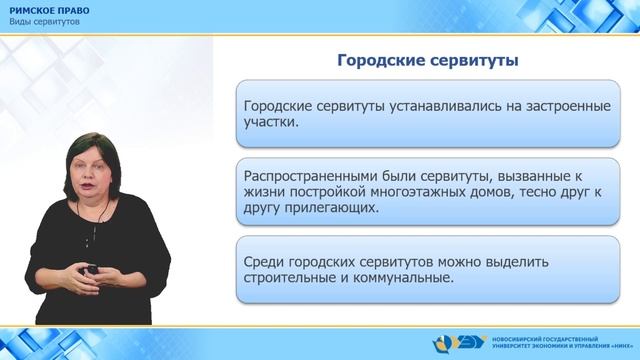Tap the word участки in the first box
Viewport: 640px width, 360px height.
click(x=271, y=126)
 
